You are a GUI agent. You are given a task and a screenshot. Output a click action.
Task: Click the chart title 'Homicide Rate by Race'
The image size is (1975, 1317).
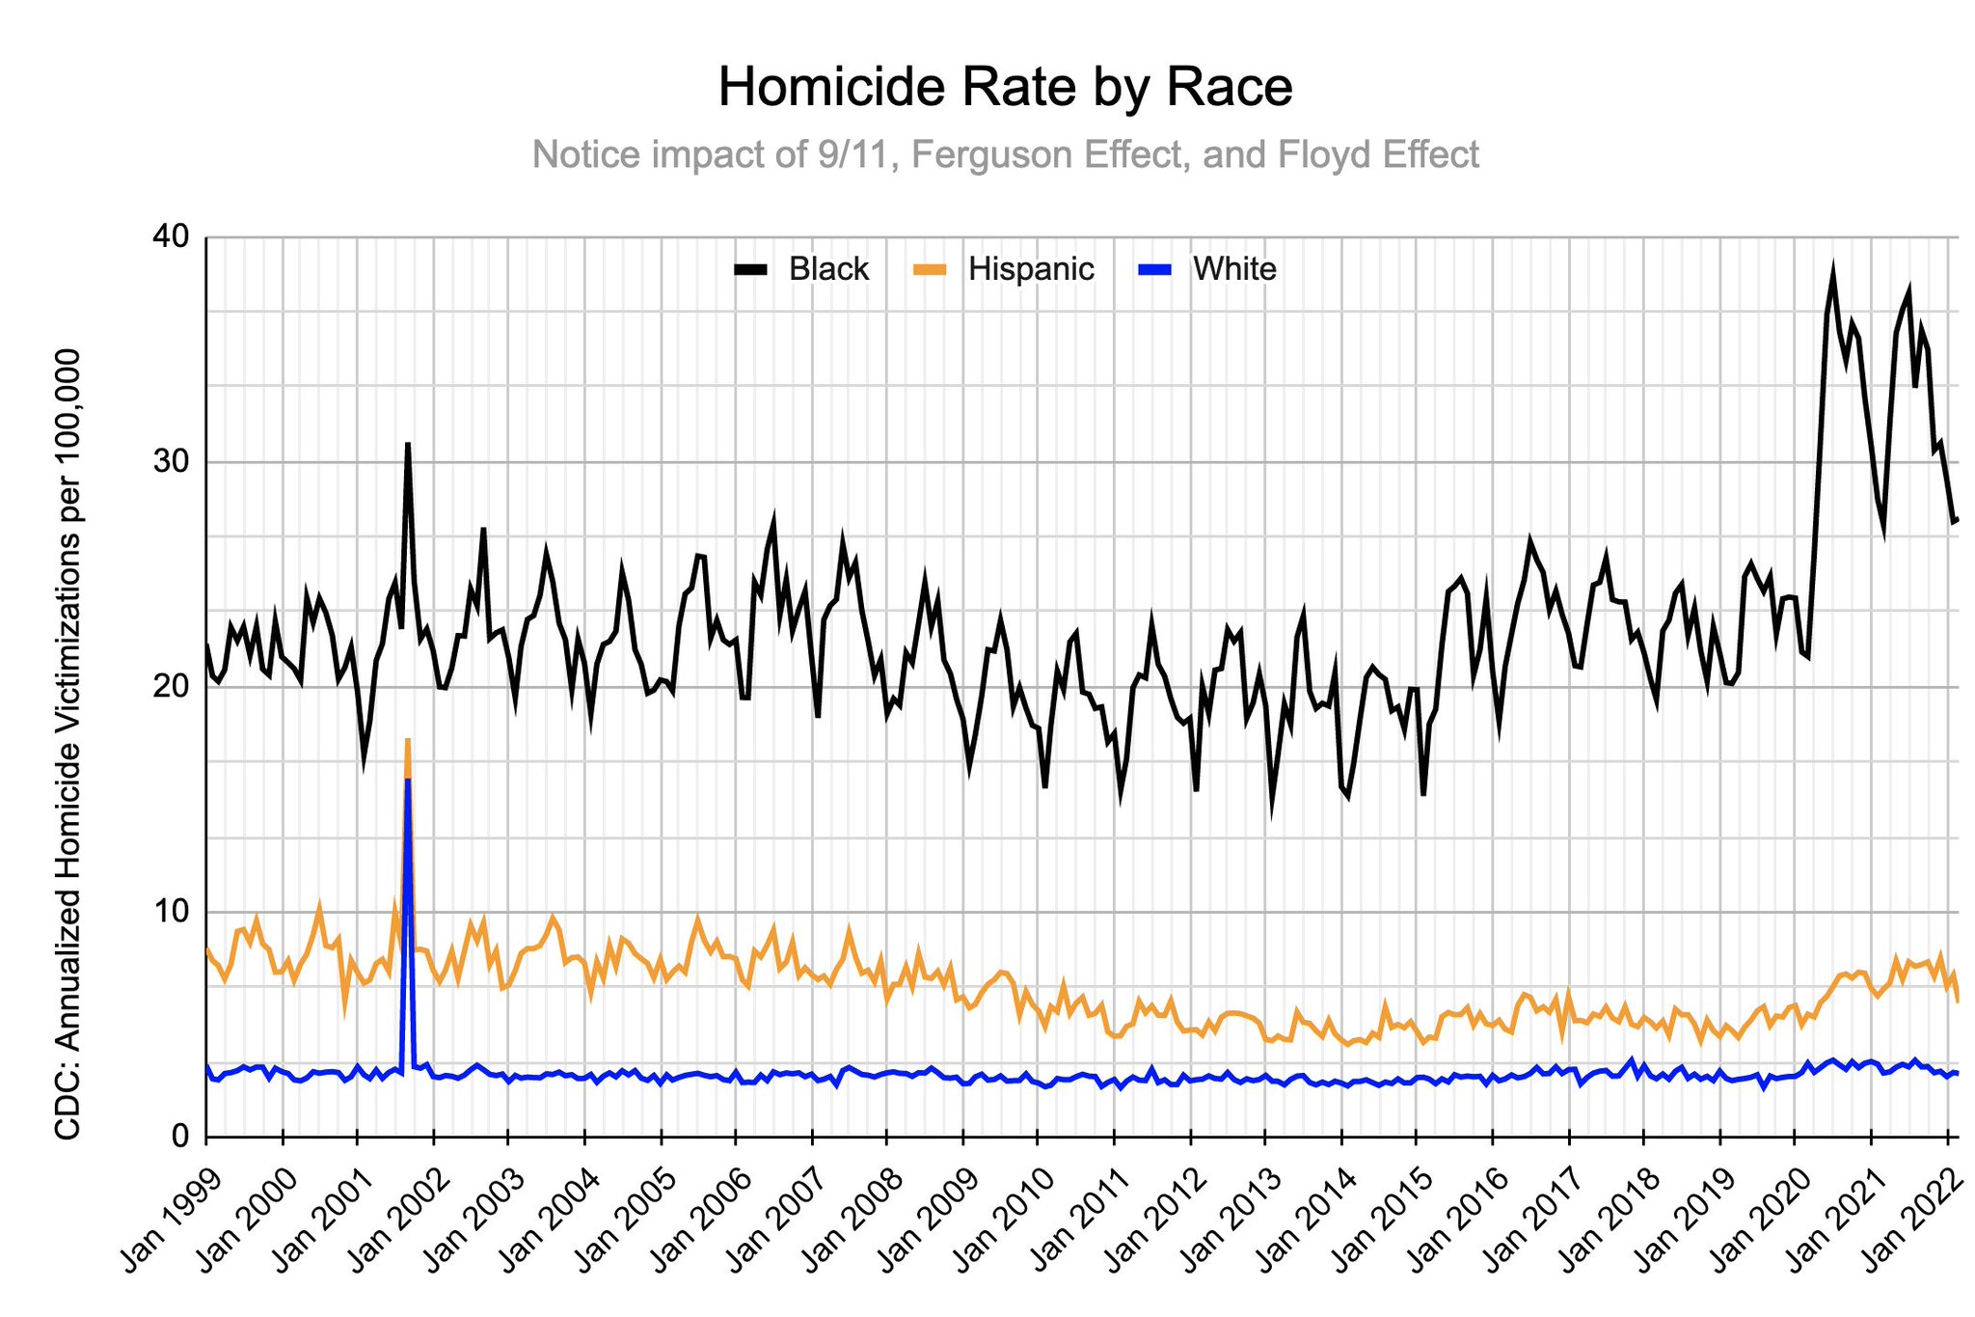click(1005, 88)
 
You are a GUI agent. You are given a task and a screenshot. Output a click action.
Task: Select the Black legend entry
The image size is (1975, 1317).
click(802, 269)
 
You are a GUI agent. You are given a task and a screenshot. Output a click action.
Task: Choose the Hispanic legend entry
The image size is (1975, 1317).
click(1004, 269)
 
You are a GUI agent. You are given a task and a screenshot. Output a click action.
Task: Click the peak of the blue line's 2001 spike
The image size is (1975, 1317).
click(408, 780)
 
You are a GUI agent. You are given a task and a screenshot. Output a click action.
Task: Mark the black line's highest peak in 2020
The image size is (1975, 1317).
click(1833, 271)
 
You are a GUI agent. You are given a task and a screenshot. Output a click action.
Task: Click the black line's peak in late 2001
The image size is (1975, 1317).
click(408, 444)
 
